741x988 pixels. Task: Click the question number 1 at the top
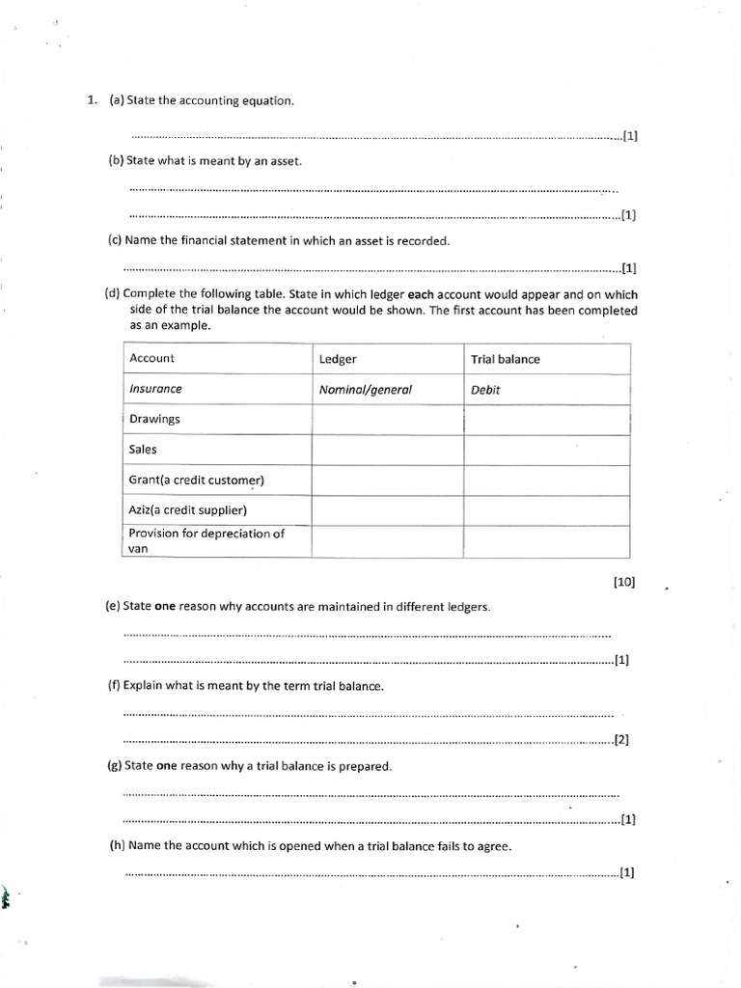tap(92, 99)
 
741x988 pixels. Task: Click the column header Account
tap(151, 358)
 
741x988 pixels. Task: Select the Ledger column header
tap(338, 359)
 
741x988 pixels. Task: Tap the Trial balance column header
tap(505, 359)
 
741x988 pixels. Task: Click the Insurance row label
tap(155, 389)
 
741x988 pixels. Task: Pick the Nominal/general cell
tap(366, 390)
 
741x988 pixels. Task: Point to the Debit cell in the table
tap(485, 390)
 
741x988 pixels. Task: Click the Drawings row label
tap(154, 420)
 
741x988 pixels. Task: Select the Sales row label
tap(143, 450)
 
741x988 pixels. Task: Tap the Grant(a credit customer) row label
tap(196, 480)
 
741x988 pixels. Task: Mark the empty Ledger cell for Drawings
tap(388, 420)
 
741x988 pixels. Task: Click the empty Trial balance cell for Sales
tap(546, 450)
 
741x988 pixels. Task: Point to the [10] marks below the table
tap(623, 583)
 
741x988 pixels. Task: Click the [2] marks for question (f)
tap(621, 740)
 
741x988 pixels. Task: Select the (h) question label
tap(118, 845)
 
